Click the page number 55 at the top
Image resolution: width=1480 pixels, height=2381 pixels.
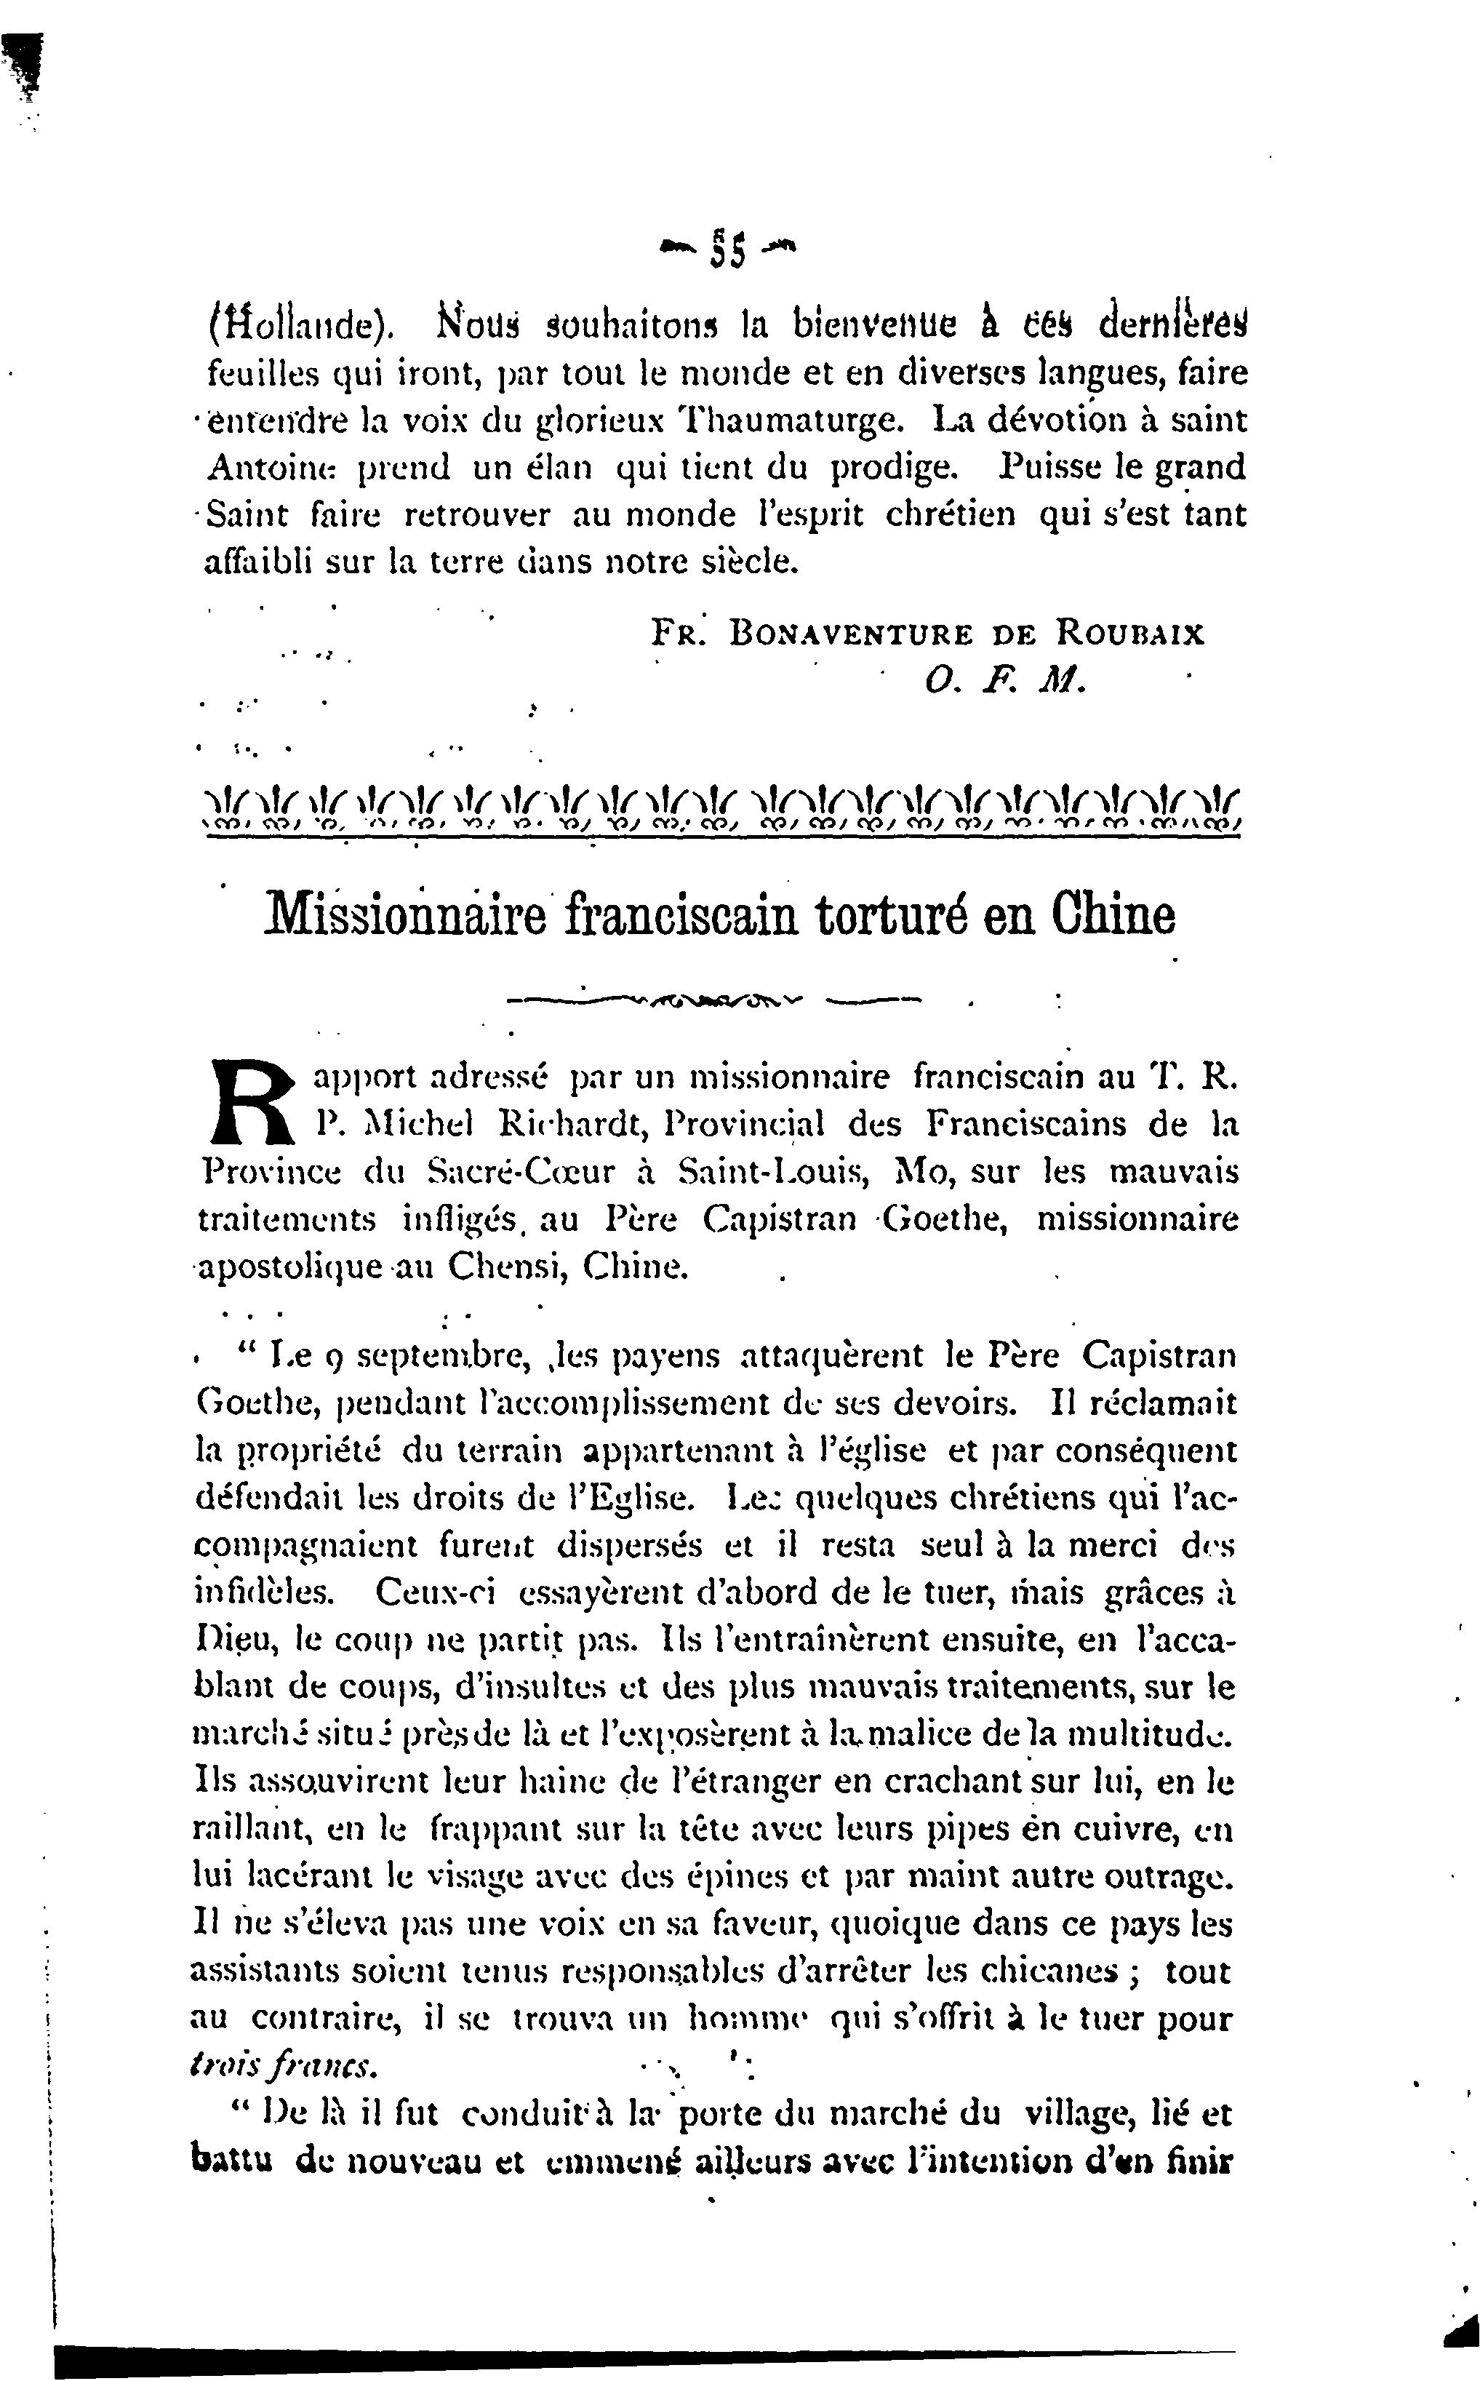(x=729, y=250)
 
